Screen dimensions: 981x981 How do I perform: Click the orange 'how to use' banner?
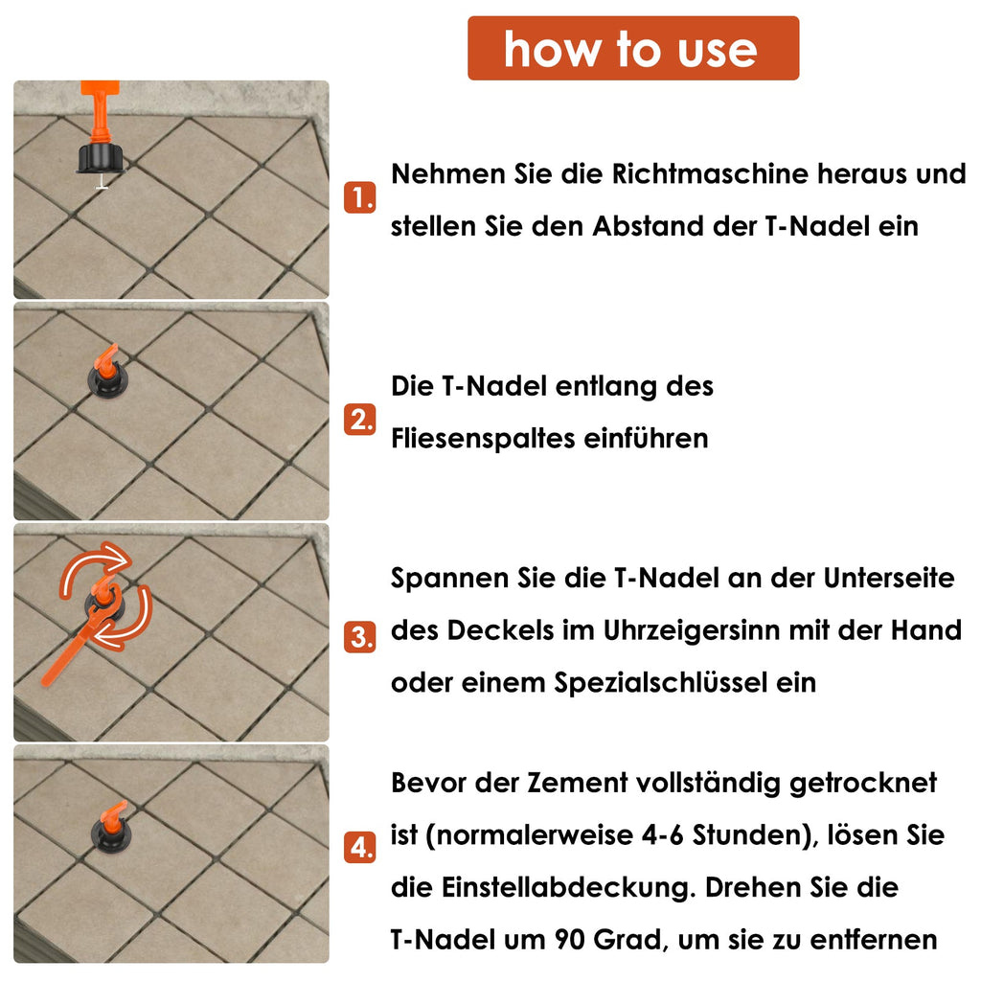[632, 48]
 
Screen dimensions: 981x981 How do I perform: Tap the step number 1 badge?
[359, 199]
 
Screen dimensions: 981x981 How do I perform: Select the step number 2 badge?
[359, 420]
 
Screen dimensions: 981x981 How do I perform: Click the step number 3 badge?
[359, 637]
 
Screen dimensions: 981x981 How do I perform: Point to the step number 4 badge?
[359, 847]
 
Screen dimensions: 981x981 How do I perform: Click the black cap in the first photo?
[102, 157]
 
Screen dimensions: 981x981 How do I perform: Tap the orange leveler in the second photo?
[104, 367]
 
